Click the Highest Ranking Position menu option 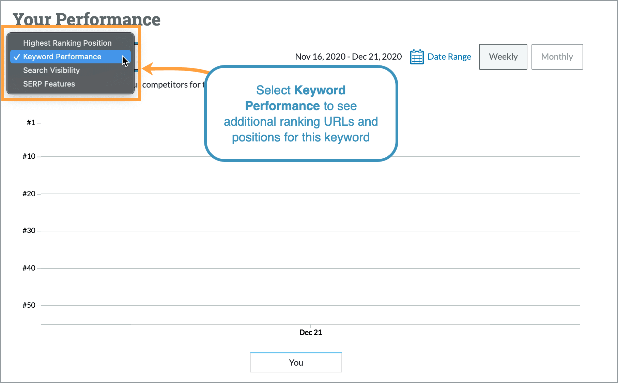point(67,43)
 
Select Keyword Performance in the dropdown point(62,57)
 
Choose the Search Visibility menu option point(51,70)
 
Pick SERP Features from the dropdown point(49,84)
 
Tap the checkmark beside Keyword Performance point(17,57)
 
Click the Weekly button point(503,57)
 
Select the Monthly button point(557,57)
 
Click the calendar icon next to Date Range point(417,57)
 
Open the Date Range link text point(449,57)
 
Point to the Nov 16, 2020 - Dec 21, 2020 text point(348,57)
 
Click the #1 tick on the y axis point(31,123)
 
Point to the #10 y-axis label point(29,156)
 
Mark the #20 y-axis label point(29,194)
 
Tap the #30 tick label point(29,231)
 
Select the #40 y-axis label point(29,268)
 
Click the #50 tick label point(29,305)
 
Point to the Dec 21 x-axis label point(310,333)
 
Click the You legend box point(296,363)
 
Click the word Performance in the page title point(108,19)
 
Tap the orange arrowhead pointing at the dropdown point(148,69)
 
